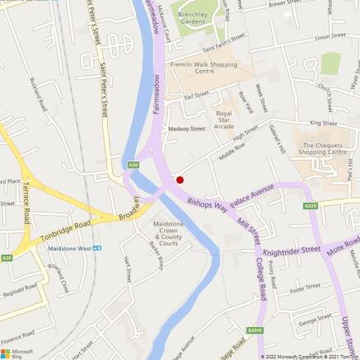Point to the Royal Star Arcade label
coord(224,119)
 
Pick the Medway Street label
coord(186,129)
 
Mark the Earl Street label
coord(196,96)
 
